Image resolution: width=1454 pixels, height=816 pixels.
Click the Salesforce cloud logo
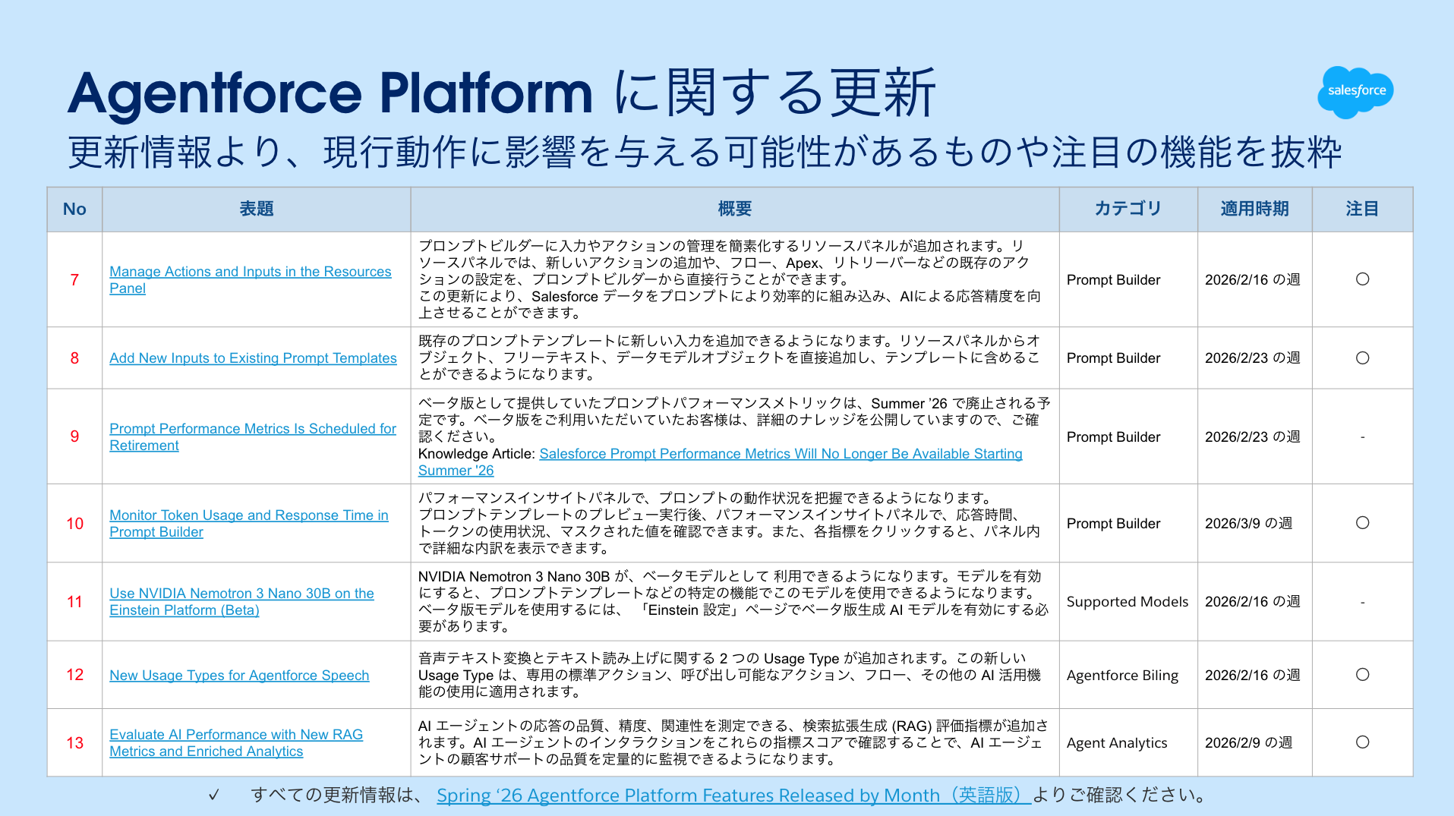point(1355,92)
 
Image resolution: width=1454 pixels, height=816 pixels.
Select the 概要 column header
point(734,209)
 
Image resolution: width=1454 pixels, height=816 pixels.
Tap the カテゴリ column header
point(1128,209)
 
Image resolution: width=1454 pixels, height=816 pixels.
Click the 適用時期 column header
point(1254,209)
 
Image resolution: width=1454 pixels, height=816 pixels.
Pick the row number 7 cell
point(74,279)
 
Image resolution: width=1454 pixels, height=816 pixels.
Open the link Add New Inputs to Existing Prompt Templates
point(253,358)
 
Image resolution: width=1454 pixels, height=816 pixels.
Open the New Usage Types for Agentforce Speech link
point(239,676)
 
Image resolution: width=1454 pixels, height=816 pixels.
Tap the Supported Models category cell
point(1127,602)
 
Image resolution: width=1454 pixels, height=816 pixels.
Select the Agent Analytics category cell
point(1116,743)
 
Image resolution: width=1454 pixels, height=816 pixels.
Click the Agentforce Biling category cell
point(1122,676)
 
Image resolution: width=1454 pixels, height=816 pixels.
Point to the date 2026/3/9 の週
point(1248,524)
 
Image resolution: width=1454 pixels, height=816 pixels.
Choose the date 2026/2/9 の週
point(1248,743)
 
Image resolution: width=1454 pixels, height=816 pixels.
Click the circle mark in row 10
point(1362,523)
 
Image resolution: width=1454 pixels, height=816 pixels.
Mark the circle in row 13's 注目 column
point(1362,742)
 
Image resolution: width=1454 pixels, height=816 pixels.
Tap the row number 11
point(74,602)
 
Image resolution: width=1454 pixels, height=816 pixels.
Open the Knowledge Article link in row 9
point(781,454)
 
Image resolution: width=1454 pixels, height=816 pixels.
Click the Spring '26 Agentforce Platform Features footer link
point(733,796)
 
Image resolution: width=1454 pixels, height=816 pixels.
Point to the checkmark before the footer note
point(214,795)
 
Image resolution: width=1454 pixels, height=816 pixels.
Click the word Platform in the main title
point(485,94)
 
